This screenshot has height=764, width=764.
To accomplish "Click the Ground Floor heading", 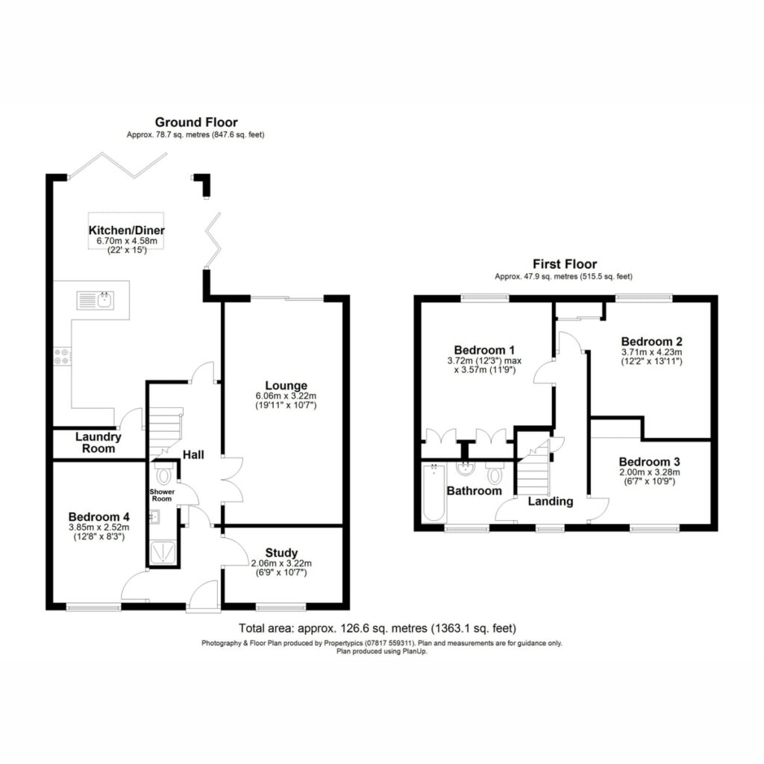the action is click(x=196, y=122).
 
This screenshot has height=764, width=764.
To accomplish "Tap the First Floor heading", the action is click(x=565, y=264).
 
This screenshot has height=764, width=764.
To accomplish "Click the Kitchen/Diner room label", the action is click(x=126, y=231).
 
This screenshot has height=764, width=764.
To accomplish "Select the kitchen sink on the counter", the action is click(x=95, y=300).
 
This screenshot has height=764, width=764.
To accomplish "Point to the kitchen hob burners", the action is click(x=62, y=356).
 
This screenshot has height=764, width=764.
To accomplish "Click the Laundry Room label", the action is click(x=98, y=442).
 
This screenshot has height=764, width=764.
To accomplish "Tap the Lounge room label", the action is click(x=286, y=386).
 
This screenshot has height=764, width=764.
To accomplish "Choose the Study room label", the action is click(x=281, y=553).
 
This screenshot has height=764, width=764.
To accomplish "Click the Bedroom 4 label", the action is click(x=99, y=516).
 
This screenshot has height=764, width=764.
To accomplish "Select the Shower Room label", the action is click(x=162, y=495).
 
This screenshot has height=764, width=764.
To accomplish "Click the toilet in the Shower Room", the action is click(x=163, y=472).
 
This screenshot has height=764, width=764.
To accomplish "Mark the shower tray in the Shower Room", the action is click(x=163, y=554).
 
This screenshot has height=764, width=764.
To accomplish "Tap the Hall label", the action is click(x=193, y=454).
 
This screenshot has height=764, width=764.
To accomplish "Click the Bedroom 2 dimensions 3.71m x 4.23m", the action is click(x=651, y=352).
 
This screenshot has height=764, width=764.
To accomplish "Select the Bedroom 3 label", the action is click(x=650, y=461).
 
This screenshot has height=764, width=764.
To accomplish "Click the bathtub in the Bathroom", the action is click(x=434, y=492).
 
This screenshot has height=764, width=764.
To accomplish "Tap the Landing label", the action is click(x=551, y=501).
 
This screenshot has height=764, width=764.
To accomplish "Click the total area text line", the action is click(x=377, y=628).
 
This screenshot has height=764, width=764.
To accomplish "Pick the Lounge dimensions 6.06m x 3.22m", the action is click(x=286, y=396).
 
